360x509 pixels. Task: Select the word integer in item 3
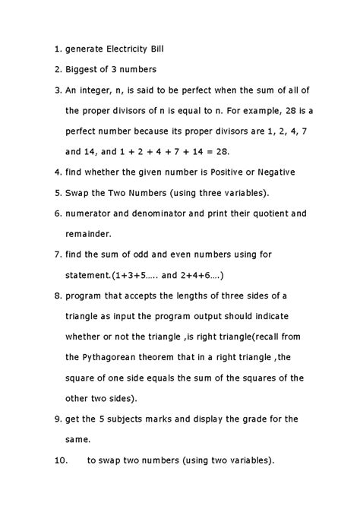(97, 91)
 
